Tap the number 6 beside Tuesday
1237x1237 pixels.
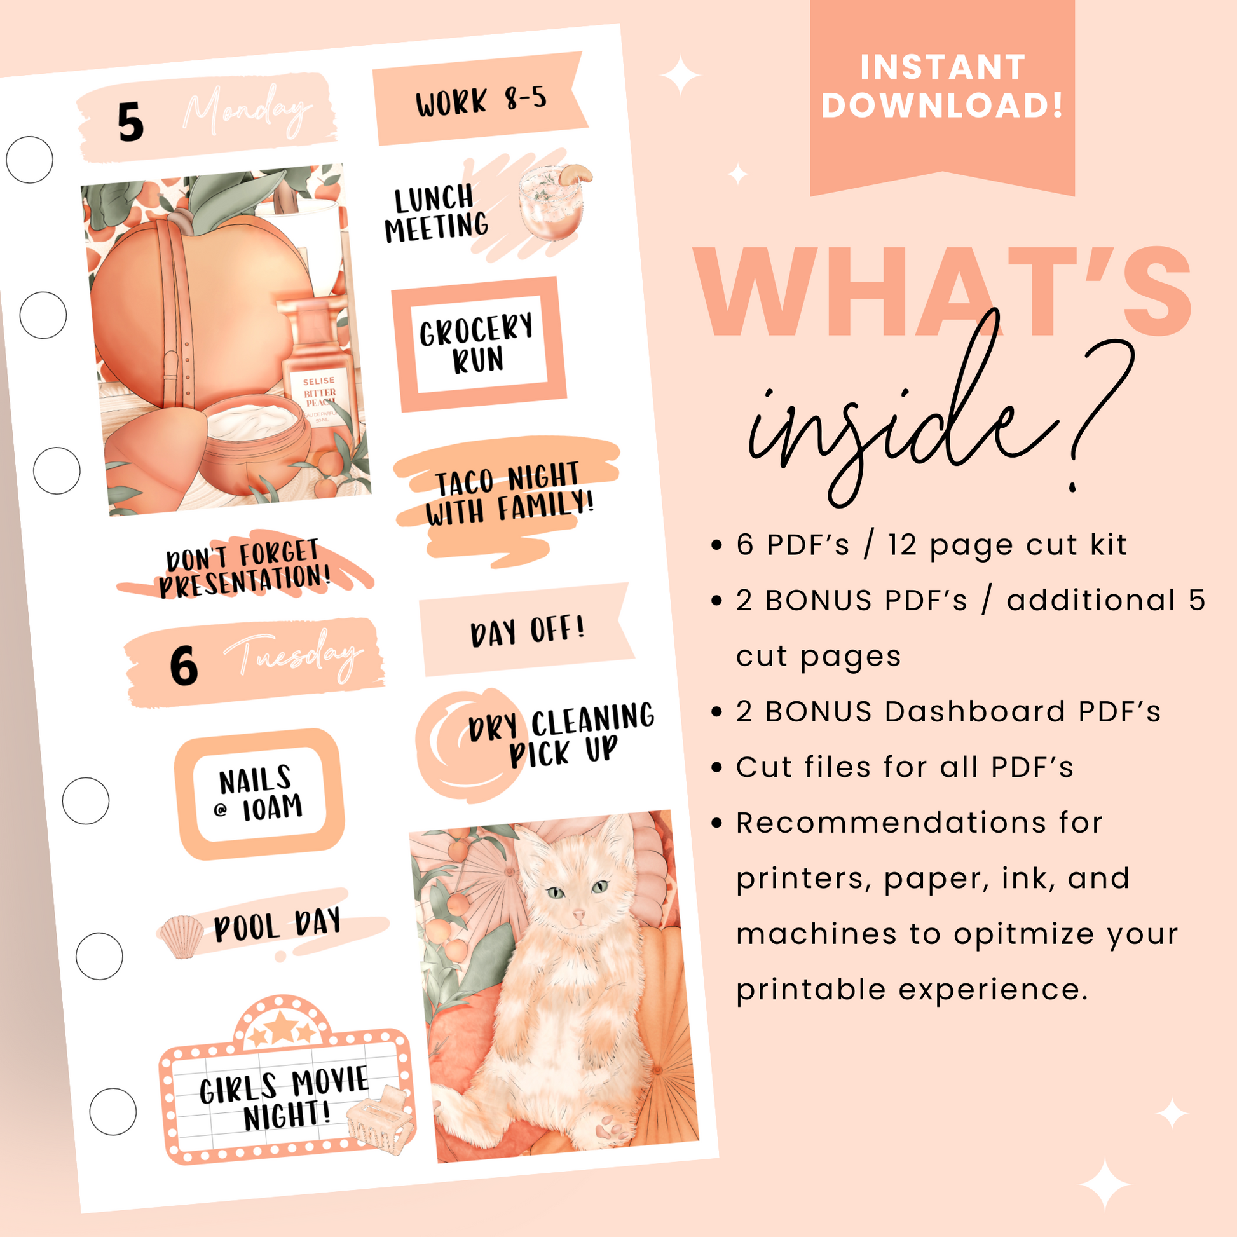click(x=184, y=666)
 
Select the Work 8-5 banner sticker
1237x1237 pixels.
click(x=480, y=99)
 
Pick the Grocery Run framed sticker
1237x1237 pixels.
click(x=478, y=345)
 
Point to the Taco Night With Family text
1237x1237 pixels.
click(x=510, y=494)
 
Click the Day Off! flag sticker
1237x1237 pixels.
click(x=527, y=629)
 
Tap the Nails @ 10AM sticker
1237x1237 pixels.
click(x=259, y=794)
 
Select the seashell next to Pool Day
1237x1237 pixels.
click(x=181, y=937)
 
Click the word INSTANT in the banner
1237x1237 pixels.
click(x=943, y=67)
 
